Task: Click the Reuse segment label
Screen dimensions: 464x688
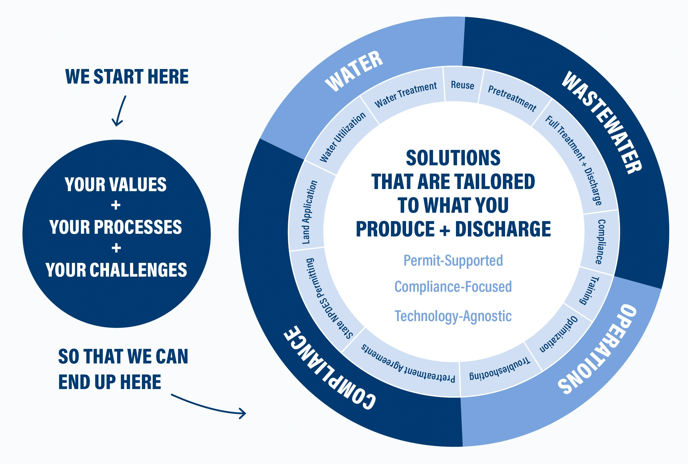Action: coord(462,85)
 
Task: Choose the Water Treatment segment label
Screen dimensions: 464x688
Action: coord(405,94)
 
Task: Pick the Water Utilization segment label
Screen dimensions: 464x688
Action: coord(343,137)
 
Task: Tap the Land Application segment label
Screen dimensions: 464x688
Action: coord(309,212)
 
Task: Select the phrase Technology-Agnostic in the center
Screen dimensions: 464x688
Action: coord(453,316)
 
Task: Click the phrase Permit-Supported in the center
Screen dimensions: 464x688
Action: coord(453,261)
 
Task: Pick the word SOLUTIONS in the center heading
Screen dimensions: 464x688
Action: coord(453,158)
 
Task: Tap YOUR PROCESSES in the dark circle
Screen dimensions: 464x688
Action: coord(116,227)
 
